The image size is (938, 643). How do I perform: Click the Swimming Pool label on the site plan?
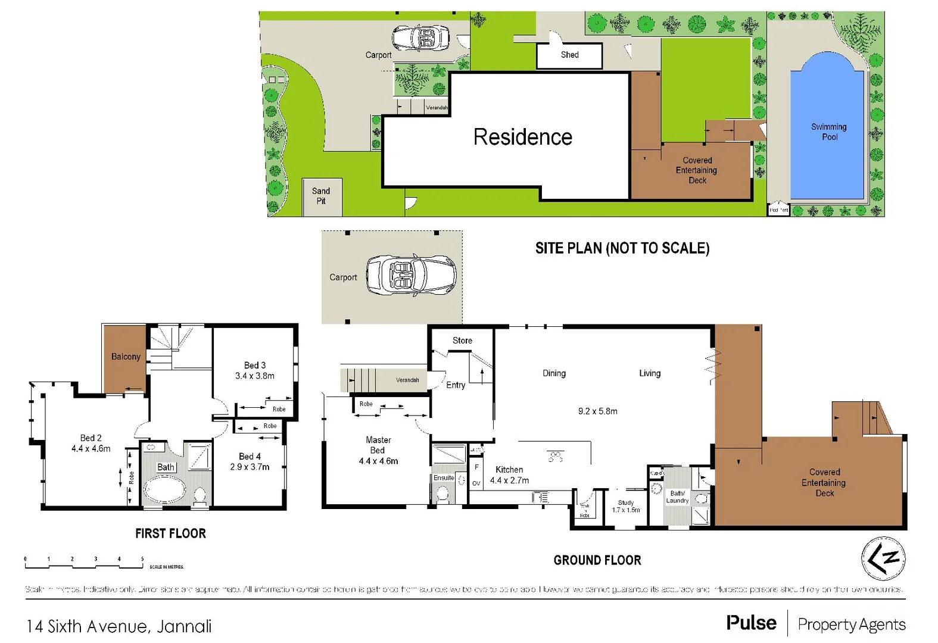[828, 132]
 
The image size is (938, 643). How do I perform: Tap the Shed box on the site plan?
[569, 55]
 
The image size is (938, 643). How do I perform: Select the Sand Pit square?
[322, 196]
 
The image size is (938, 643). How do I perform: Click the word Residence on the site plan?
[522, 137]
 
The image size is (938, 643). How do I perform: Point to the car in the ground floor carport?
[410, 275]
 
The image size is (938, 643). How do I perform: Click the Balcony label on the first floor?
[126, 357]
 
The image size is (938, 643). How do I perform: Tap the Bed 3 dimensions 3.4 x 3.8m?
[255, 376]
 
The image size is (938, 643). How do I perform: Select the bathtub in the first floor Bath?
[165, 492]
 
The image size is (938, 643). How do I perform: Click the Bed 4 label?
[250, 456]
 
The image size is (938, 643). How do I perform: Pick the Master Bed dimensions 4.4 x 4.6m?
[378, 461]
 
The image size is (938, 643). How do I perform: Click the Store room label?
[462, 341]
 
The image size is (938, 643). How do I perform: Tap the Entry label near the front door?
[456, 385]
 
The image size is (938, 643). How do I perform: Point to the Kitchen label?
[509, 470]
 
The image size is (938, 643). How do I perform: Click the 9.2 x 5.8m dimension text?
[597, 411]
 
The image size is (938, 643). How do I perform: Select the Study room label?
[626, 502]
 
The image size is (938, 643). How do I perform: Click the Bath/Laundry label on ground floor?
[677, 497]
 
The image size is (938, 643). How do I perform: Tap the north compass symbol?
[883, 558]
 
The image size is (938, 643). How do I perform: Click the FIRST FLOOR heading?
[170, 533]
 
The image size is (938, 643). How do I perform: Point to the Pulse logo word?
[751, 623]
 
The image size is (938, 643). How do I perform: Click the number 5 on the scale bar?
[142, 559]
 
